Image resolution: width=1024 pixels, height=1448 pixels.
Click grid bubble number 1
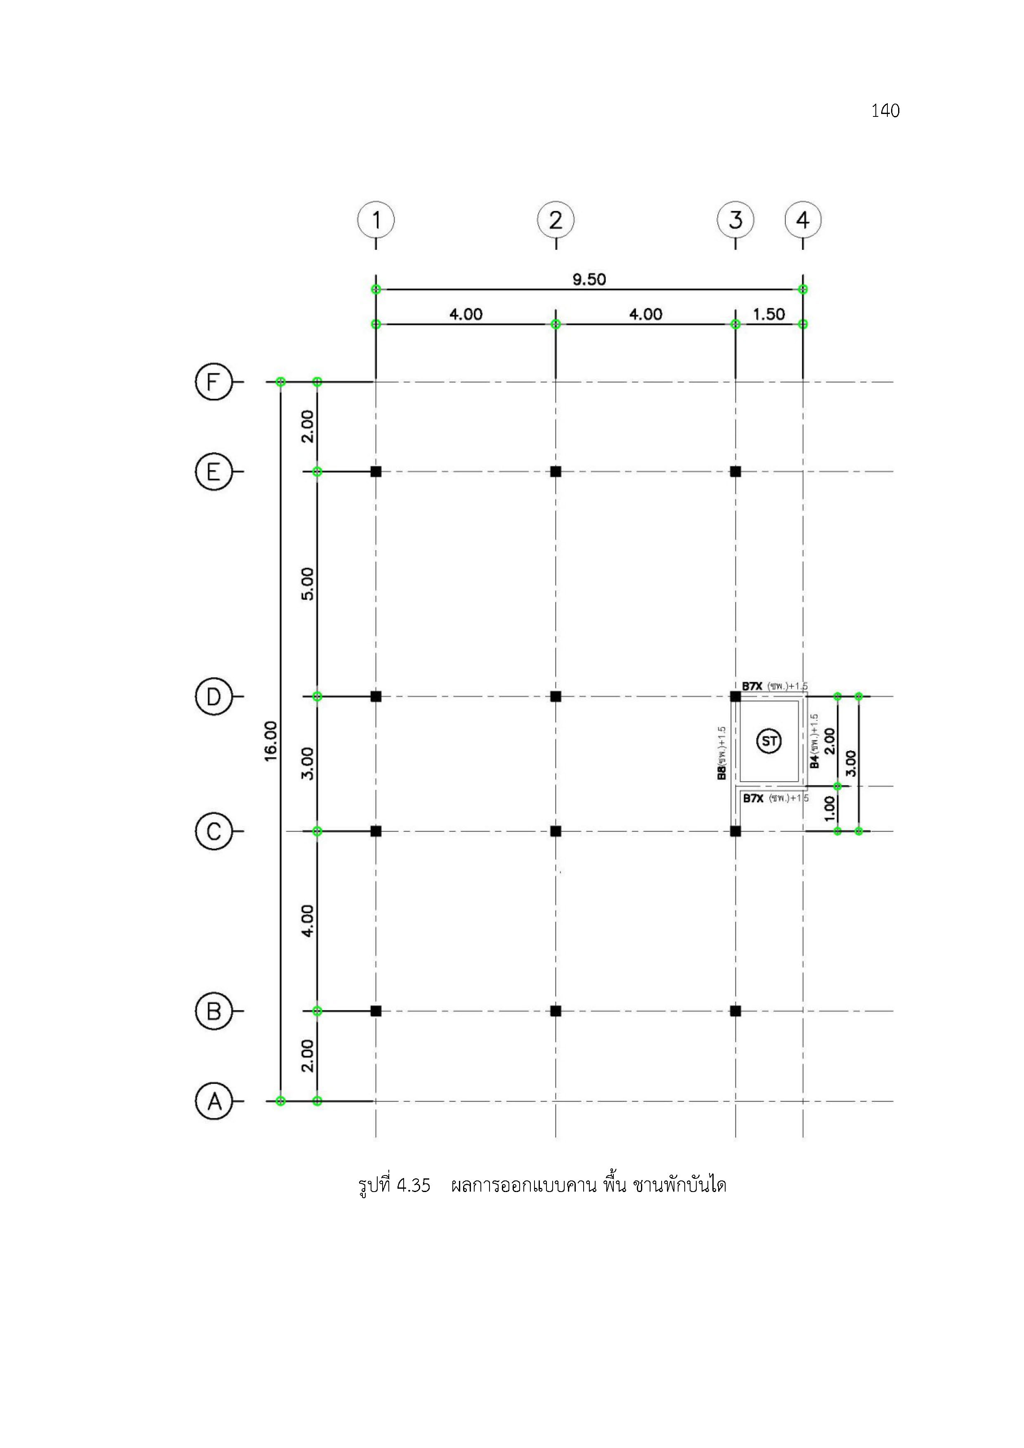tap(376, 220)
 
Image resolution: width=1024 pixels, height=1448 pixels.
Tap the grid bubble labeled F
tap(214, 382)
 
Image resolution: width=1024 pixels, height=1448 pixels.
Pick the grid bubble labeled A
tap(214, 1101)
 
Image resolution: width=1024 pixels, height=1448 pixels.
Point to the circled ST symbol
tap(769, 741)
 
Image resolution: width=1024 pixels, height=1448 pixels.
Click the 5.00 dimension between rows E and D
tap(307, 584)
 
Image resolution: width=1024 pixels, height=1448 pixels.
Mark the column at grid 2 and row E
tap(556, 471)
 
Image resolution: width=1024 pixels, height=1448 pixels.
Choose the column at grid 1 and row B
tap(376, 1011)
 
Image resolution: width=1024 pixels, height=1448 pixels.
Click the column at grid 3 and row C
tap(735, 831)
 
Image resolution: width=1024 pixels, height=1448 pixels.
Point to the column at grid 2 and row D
tap(556, 696)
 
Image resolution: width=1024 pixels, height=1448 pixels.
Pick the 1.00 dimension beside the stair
tap(830, 808)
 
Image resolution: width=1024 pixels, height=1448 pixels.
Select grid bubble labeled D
tap(214, 696)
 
